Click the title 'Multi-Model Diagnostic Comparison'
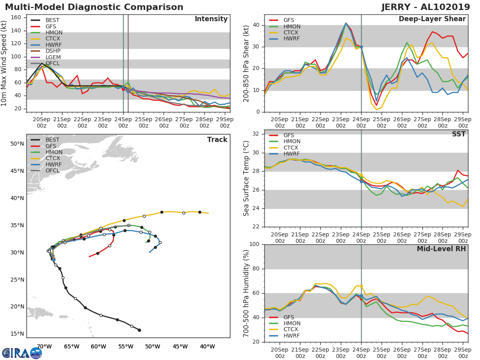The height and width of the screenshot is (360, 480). point(94,7)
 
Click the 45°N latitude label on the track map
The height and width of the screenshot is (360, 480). point(17,171)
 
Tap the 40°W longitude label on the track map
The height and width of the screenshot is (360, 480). point(207,346)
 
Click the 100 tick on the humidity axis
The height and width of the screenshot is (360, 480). point(253,244)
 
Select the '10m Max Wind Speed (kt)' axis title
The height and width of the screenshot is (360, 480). point(4,64)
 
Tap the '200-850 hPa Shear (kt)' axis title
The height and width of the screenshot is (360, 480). point(246,64)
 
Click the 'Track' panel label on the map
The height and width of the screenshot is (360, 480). point(217,140)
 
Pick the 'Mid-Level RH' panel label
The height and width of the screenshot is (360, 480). point(441,249)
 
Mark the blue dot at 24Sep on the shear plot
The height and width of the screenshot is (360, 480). point(361,47)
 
